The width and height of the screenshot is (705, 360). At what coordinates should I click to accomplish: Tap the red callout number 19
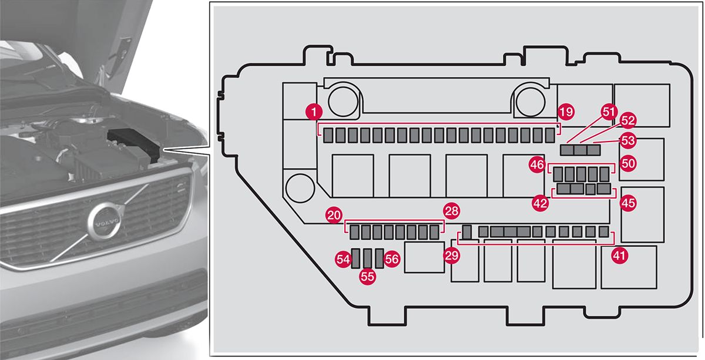tap(566, 111)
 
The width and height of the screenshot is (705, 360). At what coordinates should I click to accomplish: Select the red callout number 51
tap(609, 111)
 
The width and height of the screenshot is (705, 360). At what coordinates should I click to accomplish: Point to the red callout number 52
tap(628, 120)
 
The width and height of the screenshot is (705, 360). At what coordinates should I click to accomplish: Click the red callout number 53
tap(628, 141)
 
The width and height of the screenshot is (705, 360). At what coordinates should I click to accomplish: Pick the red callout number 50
tap(628, 163)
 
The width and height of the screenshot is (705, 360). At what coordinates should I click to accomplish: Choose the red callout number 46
tap(536, 166)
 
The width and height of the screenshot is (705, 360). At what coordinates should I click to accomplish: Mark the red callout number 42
tap(540, 203)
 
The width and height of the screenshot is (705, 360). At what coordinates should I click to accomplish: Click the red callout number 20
tap(334, 216)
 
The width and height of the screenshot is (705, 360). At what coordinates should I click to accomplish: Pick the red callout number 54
tap(343, 258)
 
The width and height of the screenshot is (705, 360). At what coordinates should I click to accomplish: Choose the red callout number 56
tap(392, 258)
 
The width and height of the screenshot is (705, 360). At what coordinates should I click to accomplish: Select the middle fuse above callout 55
tap(368, 258)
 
